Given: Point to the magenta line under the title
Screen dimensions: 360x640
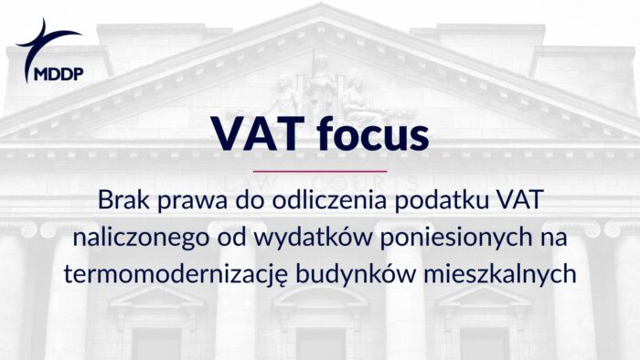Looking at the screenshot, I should (x=319, y=171).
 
